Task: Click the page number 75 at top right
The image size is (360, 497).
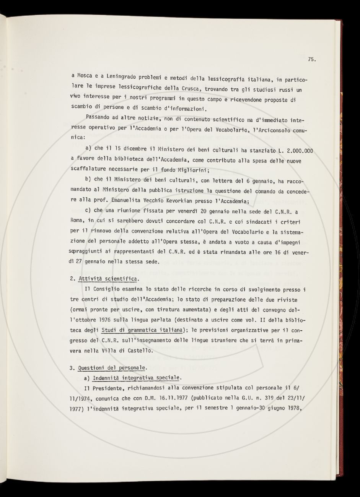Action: [x=311, y=59]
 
